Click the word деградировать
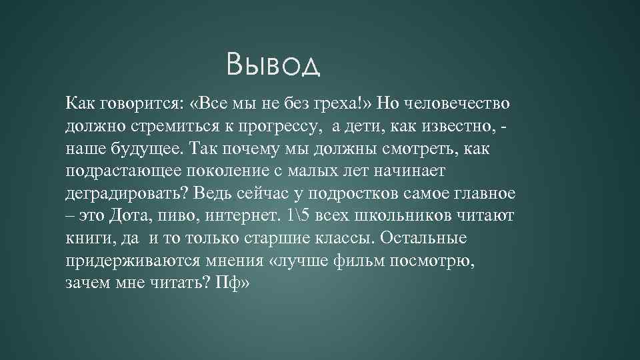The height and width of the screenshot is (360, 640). pos(127,194)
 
